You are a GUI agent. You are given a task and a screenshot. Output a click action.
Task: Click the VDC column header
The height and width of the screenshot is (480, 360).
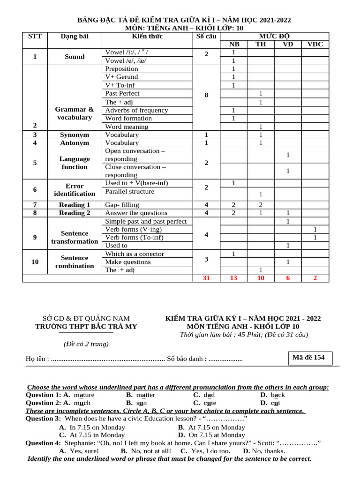(315, 45)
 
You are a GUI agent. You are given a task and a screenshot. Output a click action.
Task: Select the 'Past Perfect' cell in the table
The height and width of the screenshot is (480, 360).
(122, 93)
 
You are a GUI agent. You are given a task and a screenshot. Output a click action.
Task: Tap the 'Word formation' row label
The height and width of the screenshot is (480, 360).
(128, 118)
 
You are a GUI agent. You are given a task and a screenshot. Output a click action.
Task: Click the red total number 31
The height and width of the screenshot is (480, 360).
(206, 278)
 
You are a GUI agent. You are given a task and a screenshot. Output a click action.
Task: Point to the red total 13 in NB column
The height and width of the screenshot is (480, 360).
(233, 278)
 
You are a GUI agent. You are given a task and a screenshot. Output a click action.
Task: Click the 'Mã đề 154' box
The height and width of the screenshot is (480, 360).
(308, 358)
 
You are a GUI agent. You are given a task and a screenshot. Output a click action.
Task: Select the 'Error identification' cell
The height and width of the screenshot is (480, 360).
(75, 190)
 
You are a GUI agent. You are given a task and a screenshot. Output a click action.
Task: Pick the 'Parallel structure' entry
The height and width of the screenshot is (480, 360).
(130, 191)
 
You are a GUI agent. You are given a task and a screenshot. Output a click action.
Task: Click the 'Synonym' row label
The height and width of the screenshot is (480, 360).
(75, 135)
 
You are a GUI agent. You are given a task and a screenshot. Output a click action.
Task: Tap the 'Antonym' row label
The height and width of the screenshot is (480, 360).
(75, 142)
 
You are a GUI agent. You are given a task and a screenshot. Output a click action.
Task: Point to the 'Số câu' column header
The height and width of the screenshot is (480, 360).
(206, 36)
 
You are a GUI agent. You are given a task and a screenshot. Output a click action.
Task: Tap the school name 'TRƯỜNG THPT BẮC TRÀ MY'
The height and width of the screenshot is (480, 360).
(86, 327)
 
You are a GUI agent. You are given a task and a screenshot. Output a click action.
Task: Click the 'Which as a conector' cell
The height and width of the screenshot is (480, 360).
(135, 254)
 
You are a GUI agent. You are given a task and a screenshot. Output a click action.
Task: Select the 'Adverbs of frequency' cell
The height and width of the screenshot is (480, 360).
(136, 110)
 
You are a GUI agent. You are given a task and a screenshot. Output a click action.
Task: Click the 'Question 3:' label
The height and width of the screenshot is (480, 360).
(43, 419)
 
